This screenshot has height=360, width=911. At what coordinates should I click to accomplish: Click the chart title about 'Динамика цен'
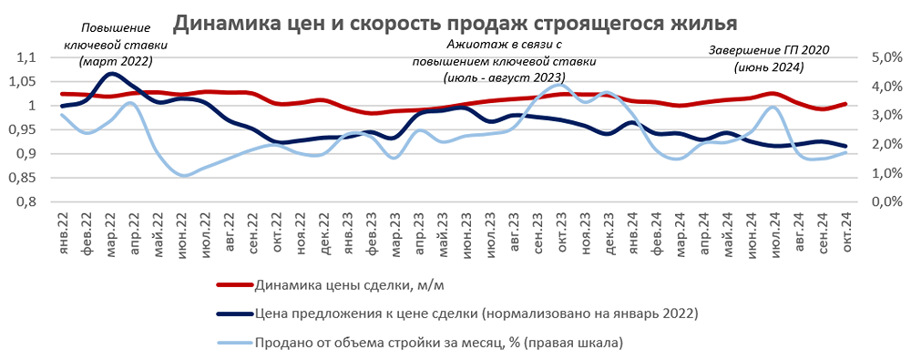455,22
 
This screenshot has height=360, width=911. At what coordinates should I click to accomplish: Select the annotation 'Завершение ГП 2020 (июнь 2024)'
769,58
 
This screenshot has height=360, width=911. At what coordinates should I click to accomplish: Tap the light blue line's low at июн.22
184,175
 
